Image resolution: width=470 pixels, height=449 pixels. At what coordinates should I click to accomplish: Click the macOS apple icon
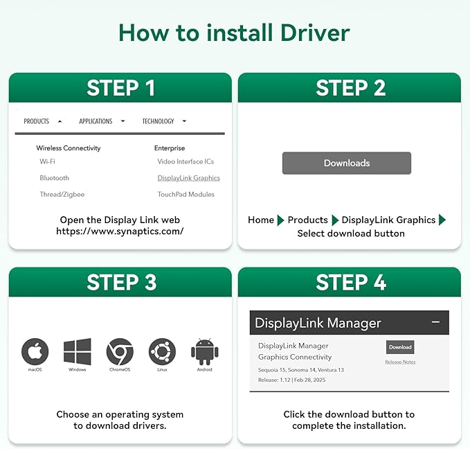pyautogui.click(x=35, y=351)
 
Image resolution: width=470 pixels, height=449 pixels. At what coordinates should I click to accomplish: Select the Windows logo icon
pyautogui.click(x=78, y=351)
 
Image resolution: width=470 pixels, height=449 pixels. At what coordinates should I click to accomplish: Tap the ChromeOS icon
pyautogui.click(x=120, y=351)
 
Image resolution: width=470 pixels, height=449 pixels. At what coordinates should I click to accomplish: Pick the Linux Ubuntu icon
pyautogui.click(x=162, y=351)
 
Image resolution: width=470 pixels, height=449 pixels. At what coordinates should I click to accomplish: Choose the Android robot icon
pyautogui.click(x=205, y=351)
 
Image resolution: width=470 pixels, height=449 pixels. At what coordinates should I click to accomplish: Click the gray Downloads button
pyautogui.click(x=347, y=163)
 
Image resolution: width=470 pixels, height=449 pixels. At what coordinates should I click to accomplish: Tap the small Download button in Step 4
pyautogui.click(x=400, y=347)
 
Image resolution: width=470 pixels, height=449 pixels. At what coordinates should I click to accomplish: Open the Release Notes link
pyautogui.click(x=400, y=362)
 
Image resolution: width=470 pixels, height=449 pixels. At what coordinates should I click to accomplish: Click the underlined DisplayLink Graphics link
pyautogui.click(x=188, y=178)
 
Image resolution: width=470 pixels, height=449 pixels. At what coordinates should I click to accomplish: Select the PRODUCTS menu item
pyautogui.click(x=36, y=121)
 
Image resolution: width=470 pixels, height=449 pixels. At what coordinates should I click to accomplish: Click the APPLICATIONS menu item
pyautogui.click(x=96, y=121)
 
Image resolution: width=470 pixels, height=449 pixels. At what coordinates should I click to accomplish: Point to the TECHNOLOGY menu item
pyautogui.click(x=158, y=121)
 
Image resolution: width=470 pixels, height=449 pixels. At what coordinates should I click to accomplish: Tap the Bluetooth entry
pyautogui.click(x=54, y=178)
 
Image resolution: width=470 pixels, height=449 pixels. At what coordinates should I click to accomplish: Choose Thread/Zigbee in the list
pyautogui.click(x=62, y=195)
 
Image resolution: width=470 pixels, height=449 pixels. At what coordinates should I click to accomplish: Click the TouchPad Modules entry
pyautogui.click(x=186, y=195)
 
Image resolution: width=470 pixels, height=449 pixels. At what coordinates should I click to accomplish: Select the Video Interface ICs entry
pyautogui.click(x=186, y=161)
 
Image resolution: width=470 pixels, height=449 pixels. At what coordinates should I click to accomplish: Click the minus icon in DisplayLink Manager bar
pyautogui.click(x=435, y=322)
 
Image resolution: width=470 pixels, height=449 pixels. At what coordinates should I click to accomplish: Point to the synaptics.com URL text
pyautogui.click(x=120, y=231)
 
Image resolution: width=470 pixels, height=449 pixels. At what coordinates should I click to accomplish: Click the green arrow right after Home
pyautogui.click(x=280, y=220)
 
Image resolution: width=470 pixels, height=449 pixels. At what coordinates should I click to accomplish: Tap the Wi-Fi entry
pyautogui.click(x=47, y=161)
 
